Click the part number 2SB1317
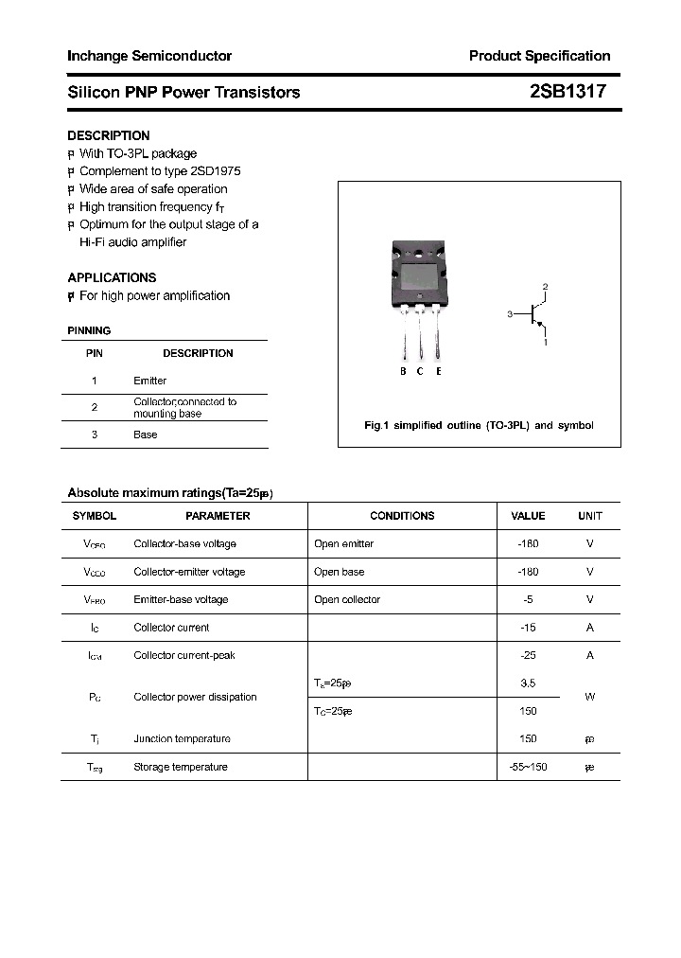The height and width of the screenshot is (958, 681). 567,92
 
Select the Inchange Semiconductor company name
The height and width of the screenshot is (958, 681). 149,56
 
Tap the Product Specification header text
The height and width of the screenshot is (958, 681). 539,56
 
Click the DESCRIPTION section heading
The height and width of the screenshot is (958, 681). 108,135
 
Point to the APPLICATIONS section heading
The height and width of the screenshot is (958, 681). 112,277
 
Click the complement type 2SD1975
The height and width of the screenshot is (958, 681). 215,171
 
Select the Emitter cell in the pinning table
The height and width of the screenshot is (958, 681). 149,381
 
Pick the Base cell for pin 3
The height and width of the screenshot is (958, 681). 145,435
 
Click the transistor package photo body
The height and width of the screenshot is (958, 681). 418,275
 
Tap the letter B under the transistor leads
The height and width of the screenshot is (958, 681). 403,372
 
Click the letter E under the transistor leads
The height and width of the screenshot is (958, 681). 439,372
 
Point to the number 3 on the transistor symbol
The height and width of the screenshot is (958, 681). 509,313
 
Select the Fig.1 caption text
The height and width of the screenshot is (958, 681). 479,425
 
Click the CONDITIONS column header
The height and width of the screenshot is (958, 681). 402,516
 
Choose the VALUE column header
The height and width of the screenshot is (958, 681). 528,516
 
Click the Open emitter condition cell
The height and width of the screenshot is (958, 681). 343,544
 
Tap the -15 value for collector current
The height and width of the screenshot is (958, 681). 528,628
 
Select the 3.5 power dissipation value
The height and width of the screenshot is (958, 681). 528,683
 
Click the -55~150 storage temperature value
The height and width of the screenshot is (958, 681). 528,767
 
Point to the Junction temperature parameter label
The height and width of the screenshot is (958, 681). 182,739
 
